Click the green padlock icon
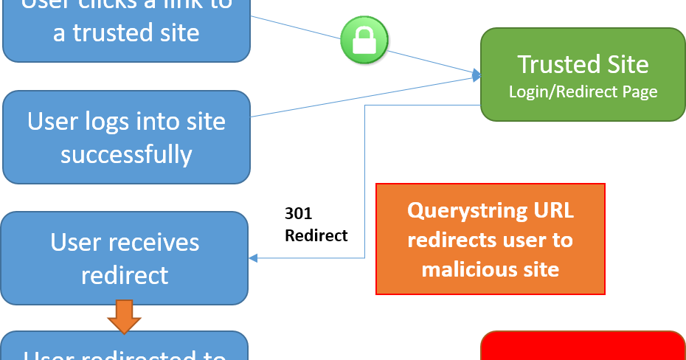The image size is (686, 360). coord(364,39)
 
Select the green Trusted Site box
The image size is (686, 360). coord(583,75)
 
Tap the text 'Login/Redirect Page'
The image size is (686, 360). coord(583,92)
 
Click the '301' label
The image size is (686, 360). coord(299,214)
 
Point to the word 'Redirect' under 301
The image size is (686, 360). coord(316,236)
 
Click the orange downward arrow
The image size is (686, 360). coord(124,316)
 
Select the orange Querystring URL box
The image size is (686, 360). coord(491,238)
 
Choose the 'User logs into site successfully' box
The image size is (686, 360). coord(126,137)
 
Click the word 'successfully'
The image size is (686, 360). coord(126,154)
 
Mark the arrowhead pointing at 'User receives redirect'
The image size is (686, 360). coord(253,258)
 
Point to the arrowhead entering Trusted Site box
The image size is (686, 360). coord(477,74)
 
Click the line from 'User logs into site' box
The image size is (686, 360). coord(361,95)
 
